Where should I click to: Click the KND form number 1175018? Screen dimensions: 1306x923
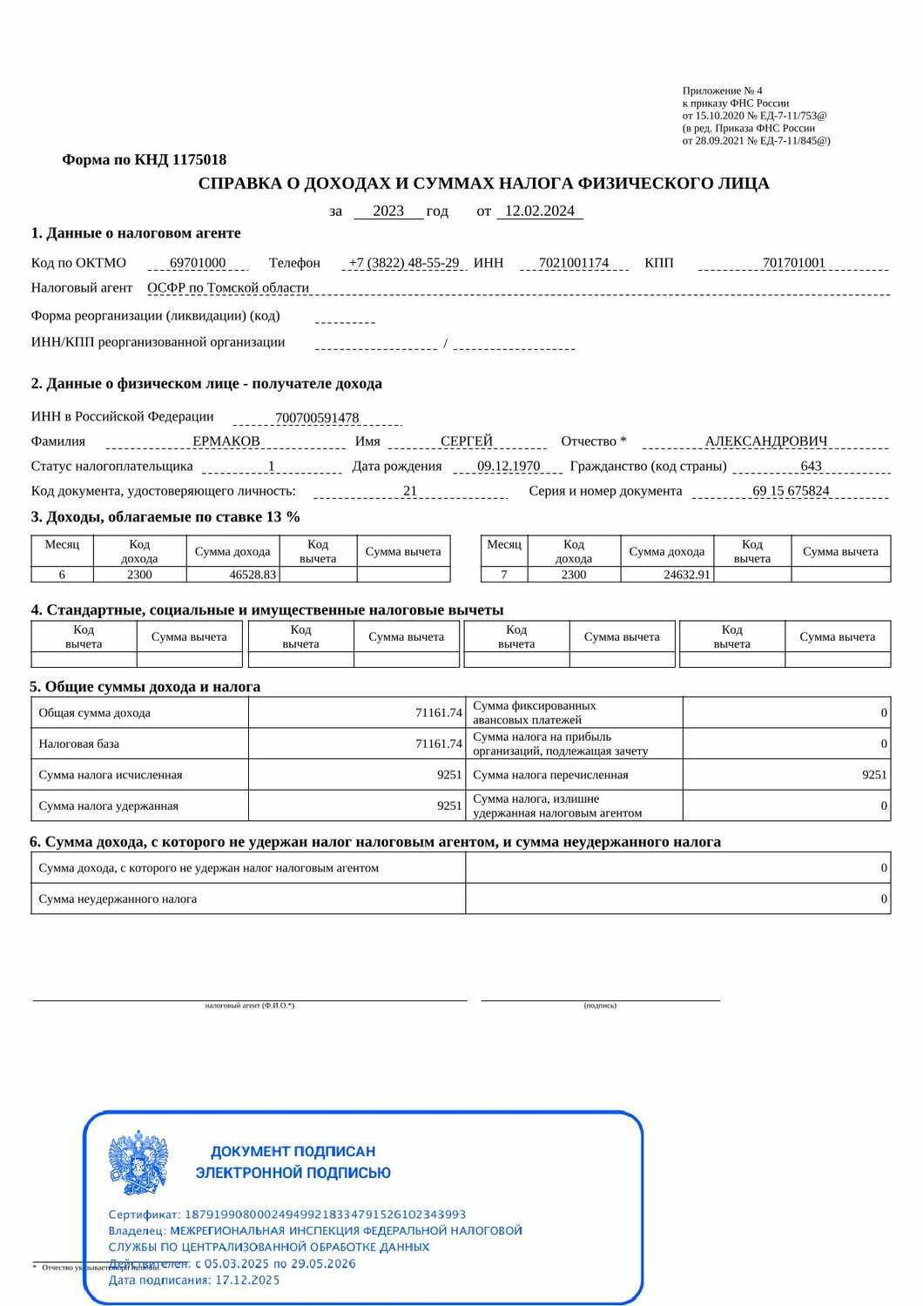click(x=199, y=159)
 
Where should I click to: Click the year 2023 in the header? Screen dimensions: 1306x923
click(x=388, y=211)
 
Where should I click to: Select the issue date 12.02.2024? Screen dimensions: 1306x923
click(x=540, y=211)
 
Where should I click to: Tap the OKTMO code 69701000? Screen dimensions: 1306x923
click(x=198, y=263)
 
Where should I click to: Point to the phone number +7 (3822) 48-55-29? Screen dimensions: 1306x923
click(x=404, y=263)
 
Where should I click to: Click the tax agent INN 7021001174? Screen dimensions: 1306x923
click(x=574, y=263)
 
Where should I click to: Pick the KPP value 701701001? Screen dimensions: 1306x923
click(x=793, y=263)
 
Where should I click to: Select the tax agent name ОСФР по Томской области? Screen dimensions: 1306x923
click(x=228, y=287)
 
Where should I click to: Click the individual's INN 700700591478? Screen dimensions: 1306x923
click(x=317, y=418)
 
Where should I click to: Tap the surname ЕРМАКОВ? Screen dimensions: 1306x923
click(x=226, y=441)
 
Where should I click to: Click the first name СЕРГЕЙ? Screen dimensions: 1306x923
click(x=467, y=441)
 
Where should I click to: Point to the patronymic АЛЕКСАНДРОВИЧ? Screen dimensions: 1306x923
click(x=766, y=441)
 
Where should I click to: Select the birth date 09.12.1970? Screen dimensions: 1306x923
click(x=509, y=466)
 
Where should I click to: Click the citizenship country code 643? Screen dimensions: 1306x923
click(x=811, y=466)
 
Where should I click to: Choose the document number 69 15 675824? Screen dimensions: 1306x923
click(x=791, y=491)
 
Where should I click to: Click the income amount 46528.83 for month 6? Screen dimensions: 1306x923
click(x=253, y=575)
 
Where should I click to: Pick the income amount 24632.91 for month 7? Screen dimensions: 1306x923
click(x=687, y=575)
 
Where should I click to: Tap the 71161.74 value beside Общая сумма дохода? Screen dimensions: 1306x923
click(x=439, y=713)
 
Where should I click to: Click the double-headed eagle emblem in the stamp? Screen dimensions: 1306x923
click(x=138, y=1162)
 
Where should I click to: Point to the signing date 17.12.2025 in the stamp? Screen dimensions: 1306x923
click(x=247, y=1280)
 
